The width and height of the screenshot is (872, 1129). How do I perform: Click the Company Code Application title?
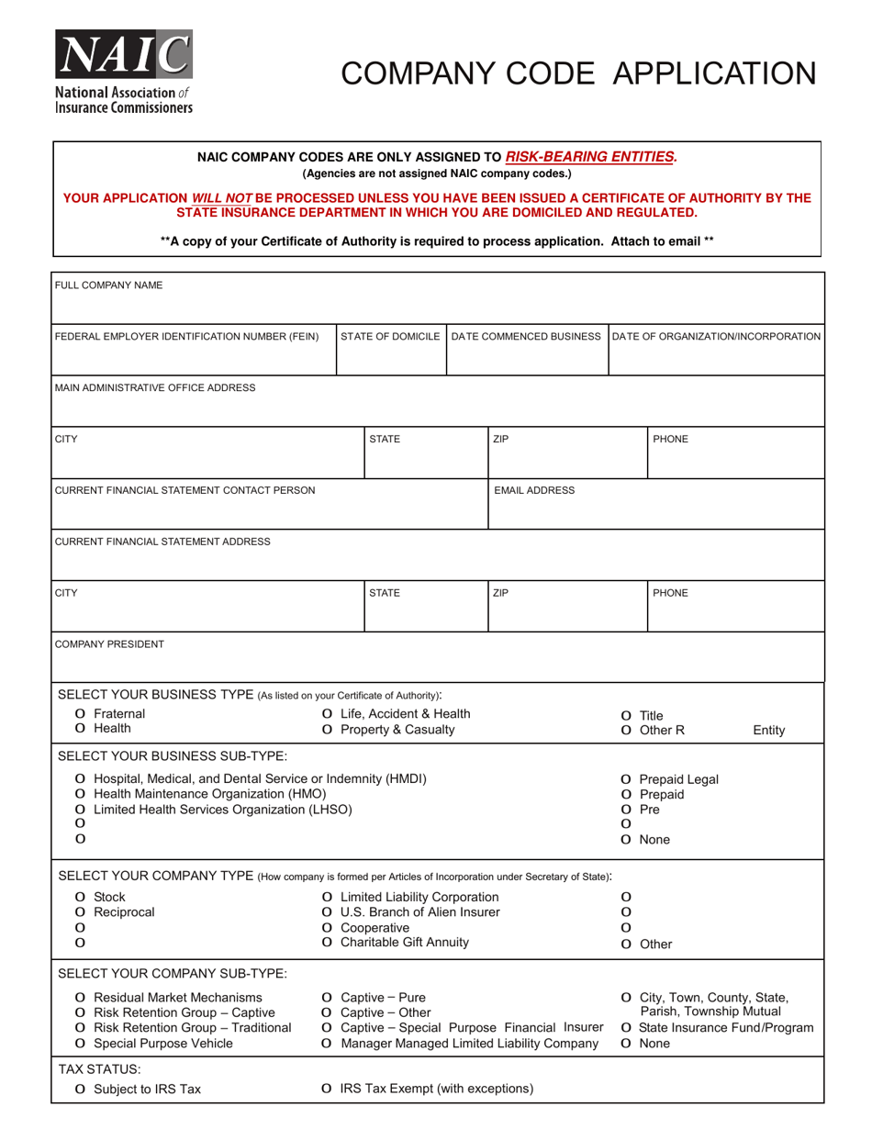tap(578, 73)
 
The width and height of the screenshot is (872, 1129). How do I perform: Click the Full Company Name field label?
tap(109, 285)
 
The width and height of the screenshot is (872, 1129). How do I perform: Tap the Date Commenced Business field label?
tap(527, 337)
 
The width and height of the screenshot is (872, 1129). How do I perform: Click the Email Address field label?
tap(534, 490)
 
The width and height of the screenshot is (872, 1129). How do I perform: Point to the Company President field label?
tap(110, 644)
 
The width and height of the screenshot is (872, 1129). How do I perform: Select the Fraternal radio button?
tap(81, 714)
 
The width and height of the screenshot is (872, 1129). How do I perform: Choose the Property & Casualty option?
tap(328, 730)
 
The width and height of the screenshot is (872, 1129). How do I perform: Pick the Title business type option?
tap(626, 716)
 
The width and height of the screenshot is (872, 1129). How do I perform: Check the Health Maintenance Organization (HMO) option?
tap(81, 794)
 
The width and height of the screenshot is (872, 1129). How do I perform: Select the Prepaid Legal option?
tap(626, 780)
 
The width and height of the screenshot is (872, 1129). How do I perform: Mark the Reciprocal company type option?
tap(81, 912)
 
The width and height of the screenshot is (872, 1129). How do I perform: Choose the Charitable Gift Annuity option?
tap(328, 943)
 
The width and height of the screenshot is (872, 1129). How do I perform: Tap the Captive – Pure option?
tap(328, 998)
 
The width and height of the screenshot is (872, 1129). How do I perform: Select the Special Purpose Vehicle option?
tap(81, 1044)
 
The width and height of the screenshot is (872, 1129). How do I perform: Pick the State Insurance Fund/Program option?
tap(626, 1028)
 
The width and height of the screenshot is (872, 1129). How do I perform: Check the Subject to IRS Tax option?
tap(81, 1090)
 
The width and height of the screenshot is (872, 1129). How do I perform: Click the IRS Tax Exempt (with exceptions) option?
tap(328, 1090)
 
